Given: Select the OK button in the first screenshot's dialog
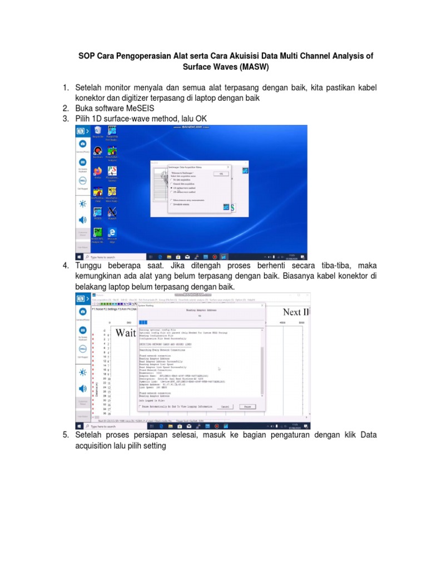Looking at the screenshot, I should (x=221, y=173).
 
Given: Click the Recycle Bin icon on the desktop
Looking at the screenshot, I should (x=97, y=131).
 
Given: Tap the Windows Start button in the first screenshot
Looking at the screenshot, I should (x=80, y=257).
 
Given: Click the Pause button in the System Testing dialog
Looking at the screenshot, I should (x=247, y=406).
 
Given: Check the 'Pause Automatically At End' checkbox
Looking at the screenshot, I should (x=140, y=406).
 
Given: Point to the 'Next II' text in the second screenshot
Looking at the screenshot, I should (x=296, y=312).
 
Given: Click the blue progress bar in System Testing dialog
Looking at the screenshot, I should (x=143, y=322).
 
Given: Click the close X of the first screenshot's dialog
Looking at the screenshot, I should (x=229, y=166).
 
